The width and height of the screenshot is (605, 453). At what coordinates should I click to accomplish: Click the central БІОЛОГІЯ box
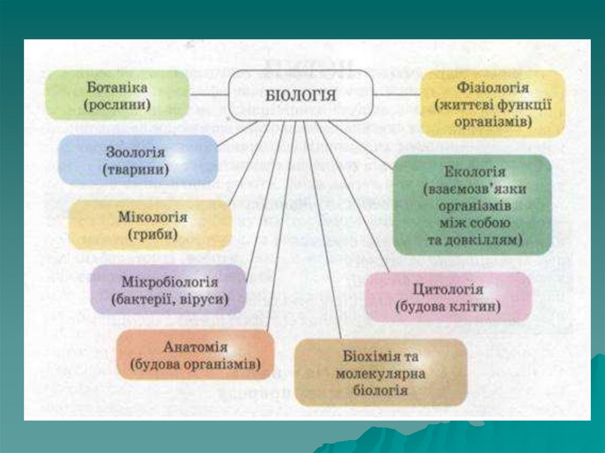click(x=301, y=95)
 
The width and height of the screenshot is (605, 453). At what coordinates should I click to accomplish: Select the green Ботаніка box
click(x=117, y=95)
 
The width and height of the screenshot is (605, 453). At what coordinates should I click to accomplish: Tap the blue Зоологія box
click(x=137, y=159)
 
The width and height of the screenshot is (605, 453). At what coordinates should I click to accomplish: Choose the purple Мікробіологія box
click(x=168, y=290)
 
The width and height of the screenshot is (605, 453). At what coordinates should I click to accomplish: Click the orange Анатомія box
click(x=196, y=354)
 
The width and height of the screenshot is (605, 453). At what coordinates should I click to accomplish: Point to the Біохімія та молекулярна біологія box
click(x=380, y=373)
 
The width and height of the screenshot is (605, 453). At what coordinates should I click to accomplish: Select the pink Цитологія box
click(x=447, y=298)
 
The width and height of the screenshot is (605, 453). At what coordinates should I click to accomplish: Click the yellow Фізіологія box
click(x=492, y=104)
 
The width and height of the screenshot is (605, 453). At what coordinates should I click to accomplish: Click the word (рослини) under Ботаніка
click(x=117, y=106)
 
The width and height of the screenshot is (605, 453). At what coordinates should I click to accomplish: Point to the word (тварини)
click(x=136, y=170)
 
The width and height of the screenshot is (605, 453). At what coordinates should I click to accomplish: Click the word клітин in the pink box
click(x=476, y=307)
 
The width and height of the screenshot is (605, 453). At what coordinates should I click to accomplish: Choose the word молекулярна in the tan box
click(x=380, y=374)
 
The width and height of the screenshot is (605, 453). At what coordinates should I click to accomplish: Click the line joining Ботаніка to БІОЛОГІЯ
click(x=209, y=94)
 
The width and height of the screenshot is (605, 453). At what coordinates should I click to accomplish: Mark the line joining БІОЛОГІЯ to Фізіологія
click(x=397, y=94)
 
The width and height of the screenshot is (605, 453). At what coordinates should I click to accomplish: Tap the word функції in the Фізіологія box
click(x=524, y=105)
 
